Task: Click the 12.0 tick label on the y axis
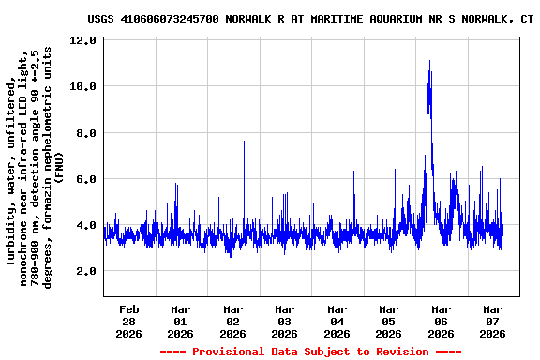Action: [x=83, y=40]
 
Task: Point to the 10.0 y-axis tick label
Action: [x=83, y=86]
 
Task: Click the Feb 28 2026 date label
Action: [x=129, y=321]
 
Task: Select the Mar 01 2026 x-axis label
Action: [x=181, y=321]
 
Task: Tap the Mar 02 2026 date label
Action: [x=232, y=321]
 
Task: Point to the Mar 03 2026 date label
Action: [x=285, y=321]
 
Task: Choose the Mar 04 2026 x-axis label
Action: [x=337, y=321]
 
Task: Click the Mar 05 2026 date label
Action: [x=388, y=321]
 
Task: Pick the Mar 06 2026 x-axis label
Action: [x=441, y=321]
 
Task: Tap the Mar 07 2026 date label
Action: [x=492, y=321]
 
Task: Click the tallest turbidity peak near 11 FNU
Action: [x=429, y=62]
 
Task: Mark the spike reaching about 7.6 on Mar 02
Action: [x=244, y=142]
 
